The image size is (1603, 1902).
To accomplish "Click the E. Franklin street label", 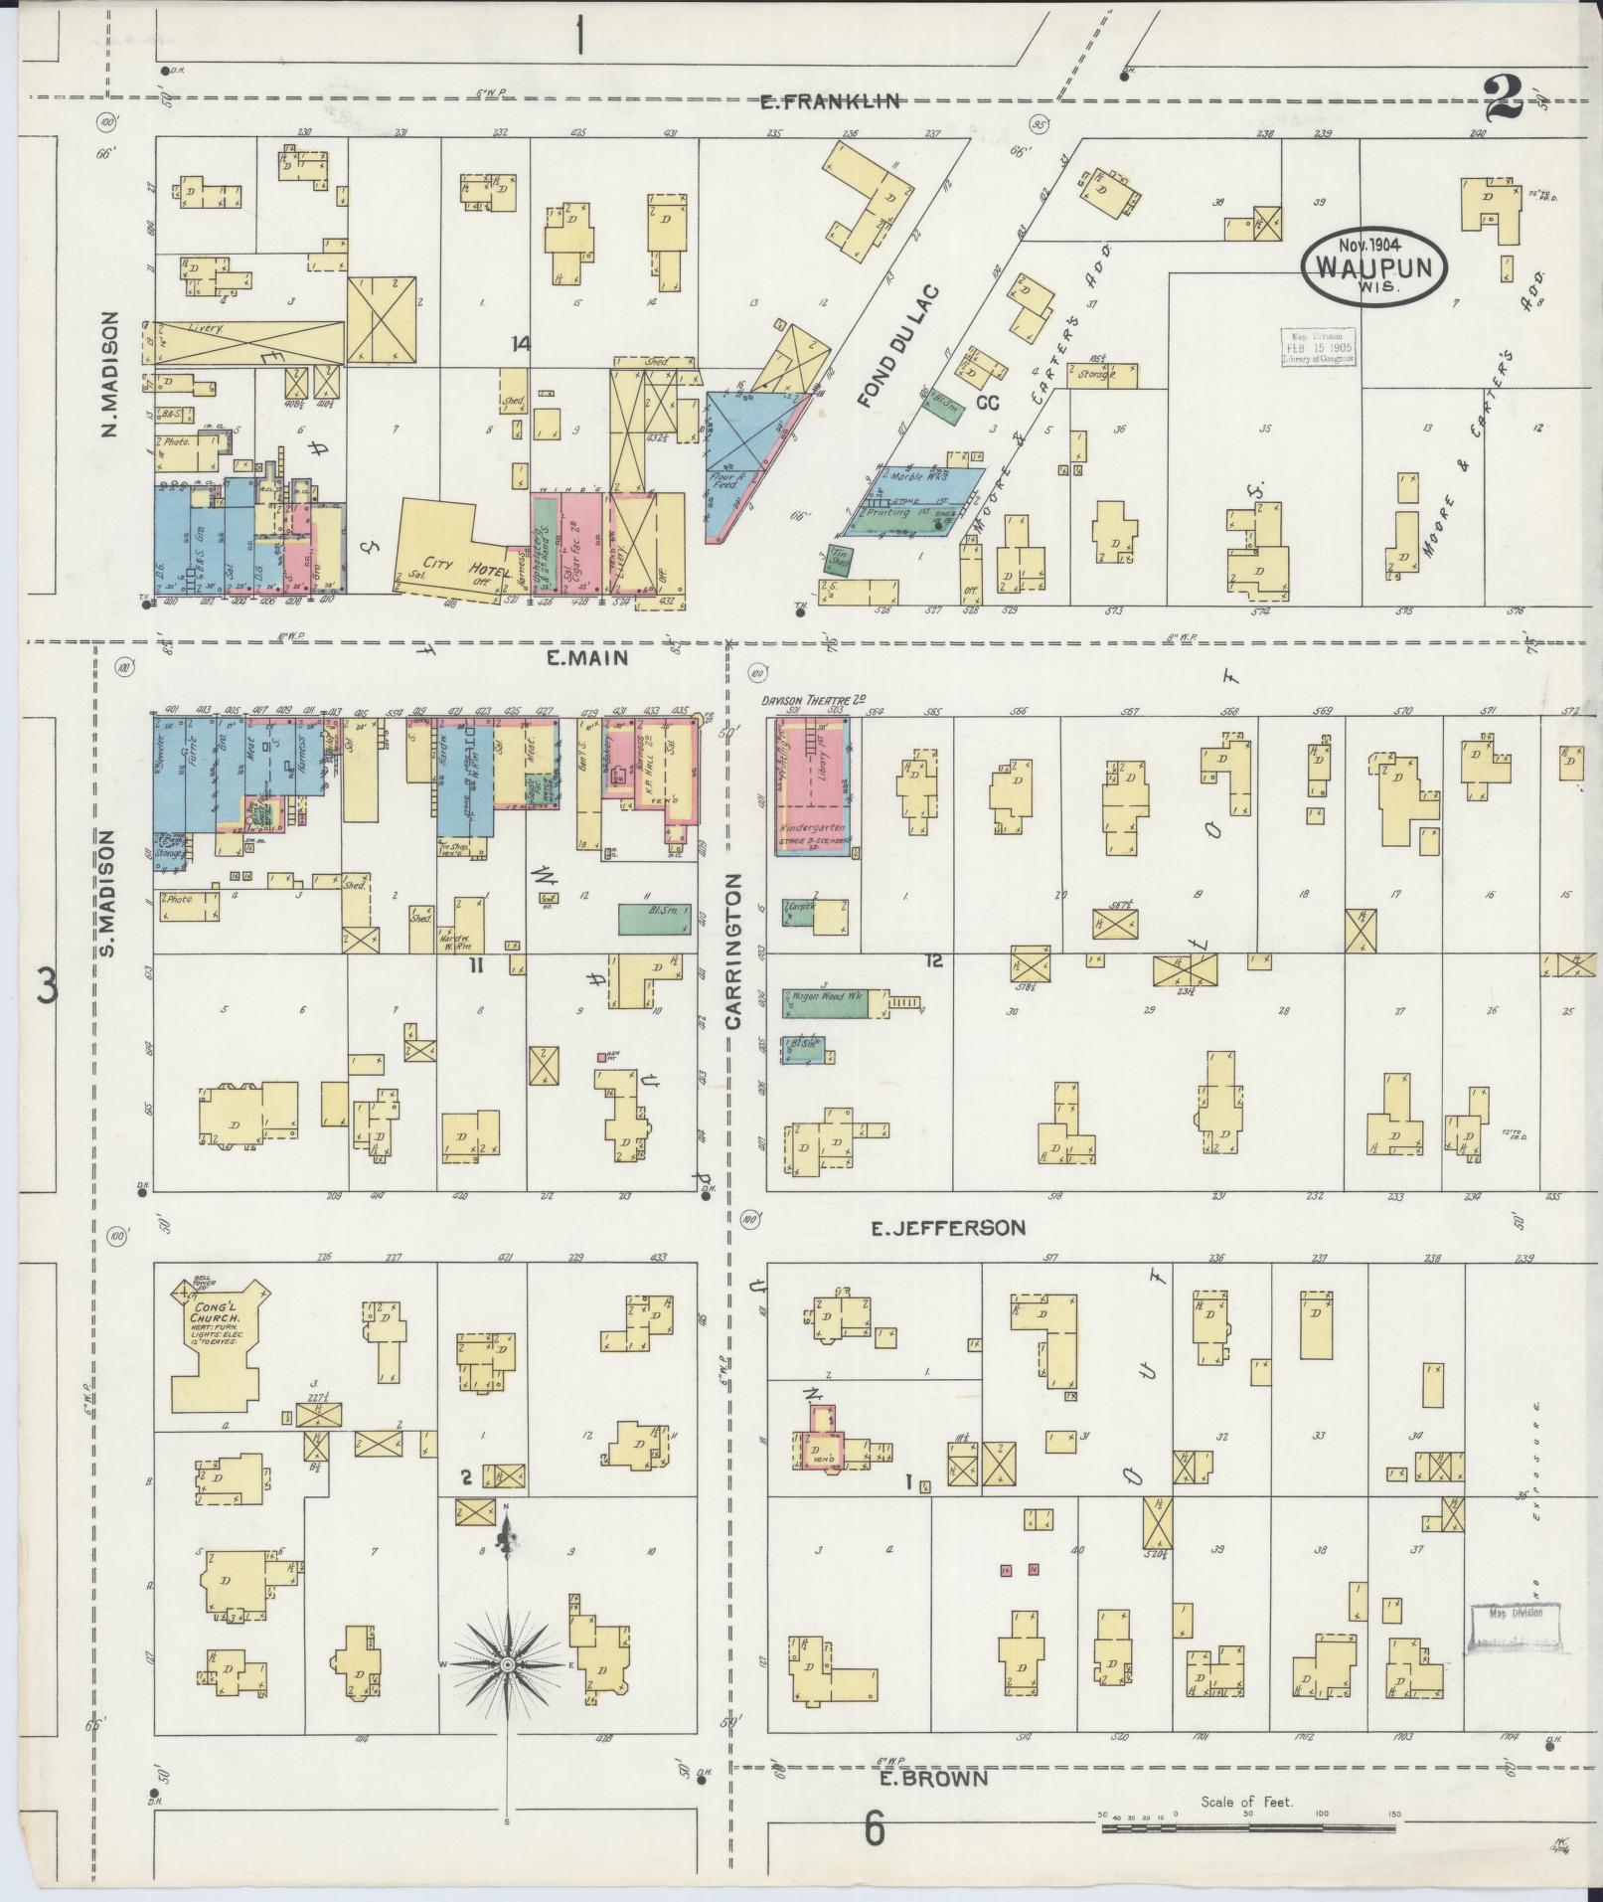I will tap(831, 100).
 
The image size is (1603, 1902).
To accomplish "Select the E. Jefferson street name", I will tap(948, 1229).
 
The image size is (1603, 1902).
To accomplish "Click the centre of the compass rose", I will tap(508, 1663).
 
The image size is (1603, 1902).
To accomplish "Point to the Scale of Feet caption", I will tap(1246, 1801).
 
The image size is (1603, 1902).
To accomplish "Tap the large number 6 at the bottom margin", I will tap(875, 1827).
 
